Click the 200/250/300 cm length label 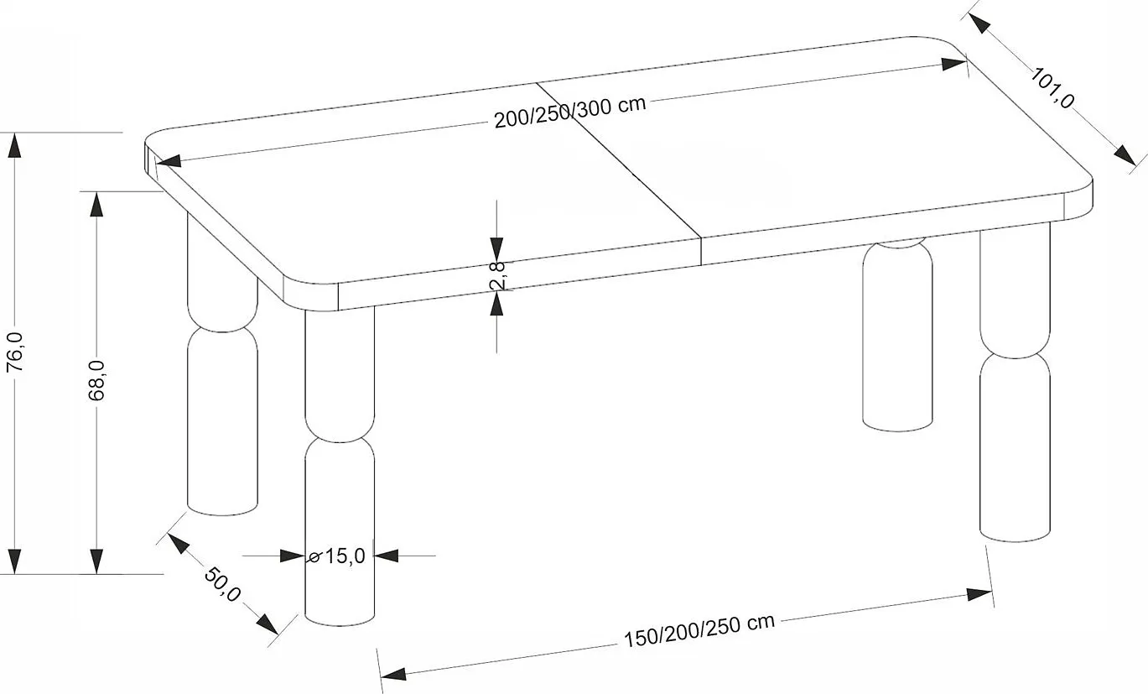569,112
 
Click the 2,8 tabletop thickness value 497,275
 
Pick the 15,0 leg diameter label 345,556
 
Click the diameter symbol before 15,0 315,556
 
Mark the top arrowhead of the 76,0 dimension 13,144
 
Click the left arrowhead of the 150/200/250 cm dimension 392,672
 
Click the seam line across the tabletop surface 621,159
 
